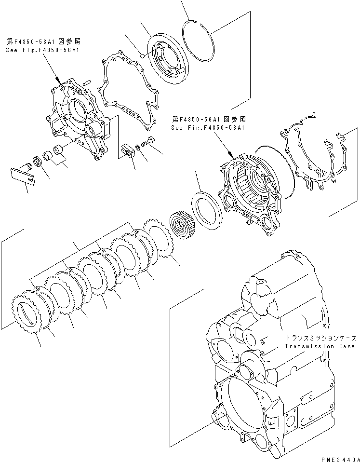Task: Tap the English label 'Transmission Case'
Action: tap(320, 346)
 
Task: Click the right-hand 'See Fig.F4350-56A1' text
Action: tap(208, 128)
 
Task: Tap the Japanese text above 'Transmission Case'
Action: tap(320, 338)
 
